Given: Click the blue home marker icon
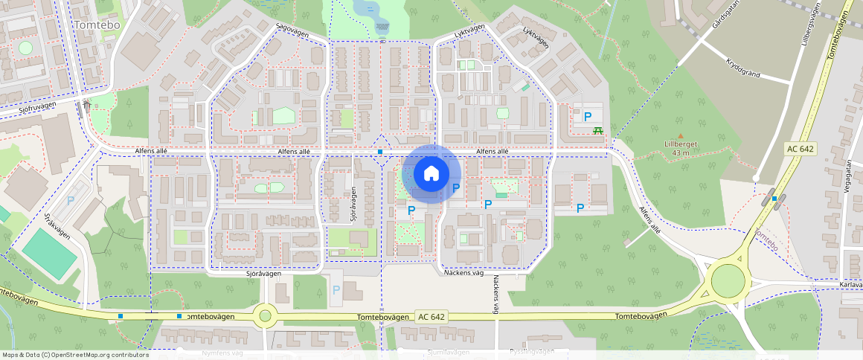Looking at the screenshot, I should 431,174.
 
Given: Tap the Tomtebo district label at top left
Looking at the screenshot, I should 97,25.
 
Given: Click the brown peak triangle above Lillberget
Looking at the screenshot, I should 680,135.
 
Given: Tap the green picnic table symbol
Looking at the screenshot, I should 597,130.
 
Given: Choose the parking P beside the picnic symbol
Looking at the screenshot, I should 587,117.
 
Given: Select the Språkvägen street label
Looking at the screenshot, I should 57,226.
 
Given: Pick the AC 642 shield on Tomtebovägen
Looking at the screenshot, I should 431,316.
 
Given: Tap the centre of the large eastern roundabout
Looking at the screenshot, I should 728,280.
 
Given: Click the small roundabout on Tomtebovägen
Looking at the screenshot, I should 265,316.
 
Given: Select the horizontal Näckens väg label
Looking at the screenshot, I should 467,273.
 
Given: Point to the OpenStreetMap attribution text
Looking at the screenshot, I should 75,355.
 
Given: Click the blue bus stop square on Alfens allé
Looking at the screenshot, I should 380,152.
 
